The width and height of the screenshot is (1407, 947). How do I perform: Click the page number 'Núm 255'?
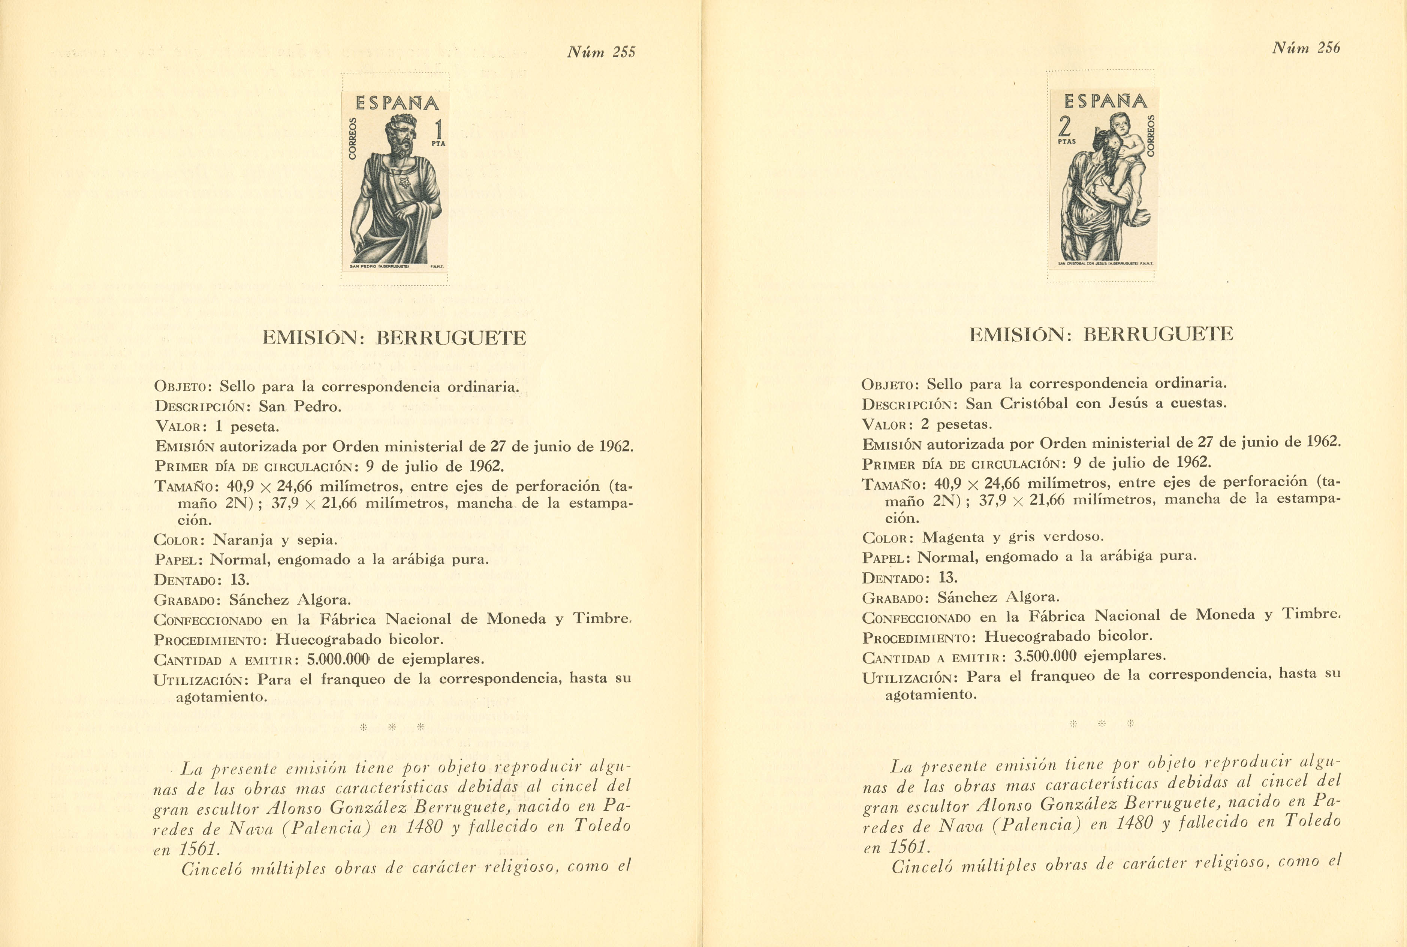601,52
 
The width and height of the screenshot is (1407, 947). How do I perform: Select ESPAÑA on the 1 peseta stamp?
397,104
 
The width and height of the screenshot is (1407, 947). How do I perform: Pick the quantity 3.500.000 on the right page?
1045,656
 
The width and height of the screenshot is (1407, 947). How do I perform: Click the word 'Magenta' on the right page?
953,537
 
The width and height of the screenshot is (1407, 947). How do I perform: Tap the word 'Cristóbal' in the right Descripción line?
1034,403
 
